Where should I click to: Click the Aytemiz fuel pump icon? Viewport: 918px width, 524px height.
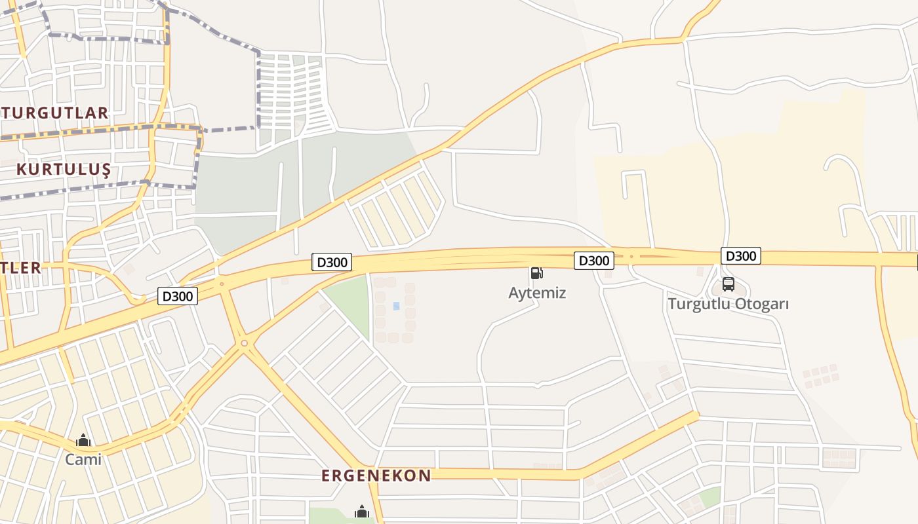coord(536,272)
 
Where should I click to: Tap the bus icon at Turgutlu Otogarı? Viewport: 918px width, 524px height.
coord(728,284)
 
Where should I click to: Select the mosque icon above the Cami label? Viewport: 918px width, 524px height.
coord(83,440)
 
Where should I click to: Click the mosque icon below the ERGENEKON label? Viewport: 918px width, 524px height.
coord(361,512)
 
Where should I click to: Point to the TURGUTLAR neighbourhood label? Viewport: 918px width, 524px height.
coord(54,113)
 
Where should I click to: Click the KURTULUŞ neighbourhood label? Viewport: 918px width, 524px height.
coord(63,170)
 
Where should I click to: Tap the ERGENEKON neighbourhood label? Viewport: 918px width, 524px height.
coord(376,476)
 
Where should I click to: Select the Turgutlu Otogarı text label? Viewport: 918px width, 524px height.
coord(728,304)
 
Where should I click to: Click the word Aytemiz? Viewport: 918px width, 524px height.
coord(536,293)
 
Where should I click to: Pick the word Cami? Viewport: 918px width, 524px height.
coord(83,459)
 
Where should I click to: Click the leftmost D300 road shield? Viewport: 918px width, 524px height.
coord(178,296)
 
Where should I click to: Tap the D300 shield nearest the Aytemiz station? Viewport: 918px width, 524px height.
coord(594,260)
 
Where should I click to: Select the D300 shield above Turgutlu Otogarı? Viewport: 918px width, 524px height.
coord(740,255)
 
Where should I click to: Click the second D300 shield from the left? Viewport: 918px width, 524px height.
coord(332,263)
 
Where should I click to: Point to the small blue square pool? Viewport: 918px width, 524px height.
coord(396,306)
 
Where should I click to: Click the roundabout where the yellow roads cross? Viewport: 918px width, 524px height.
coord(244,343)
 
